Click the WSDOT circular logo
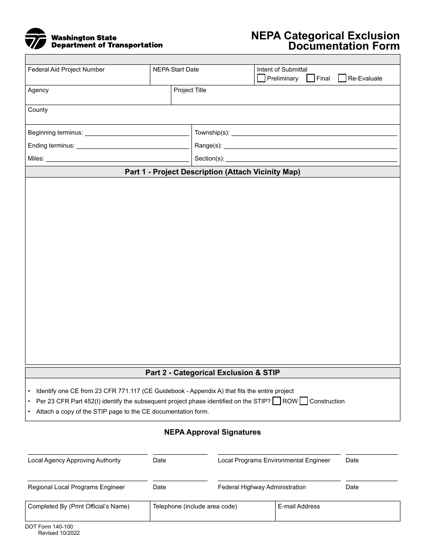click(36, 39)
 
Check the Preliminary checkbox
click(261, 78)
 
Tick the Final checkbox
click(310, 78)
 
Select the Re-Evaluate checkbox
click(342, 78)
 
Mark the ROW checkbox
click(276, 401)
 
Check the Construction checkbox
click(304, 401)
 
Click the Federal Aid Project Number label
click(66, 70)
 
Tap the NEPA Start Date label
click(176, 70)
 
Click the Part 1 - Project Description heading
click(212, 172)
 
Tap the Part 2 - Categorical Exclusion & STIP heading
click(212, 372)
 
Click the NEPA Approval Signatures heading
click(212, 432)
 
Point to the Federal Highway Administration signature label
click(262, 487)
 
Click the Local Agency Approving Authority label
click(74, 461)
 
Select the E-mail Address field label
click(299, 507)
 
